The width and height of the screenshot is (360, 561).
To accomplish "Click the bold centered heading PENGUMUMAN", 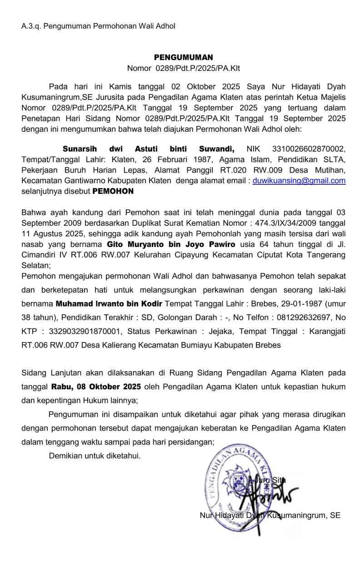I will (x=183, y=57).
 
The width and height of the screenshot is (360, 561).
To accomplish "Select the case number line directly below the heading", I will (x=183, y=69).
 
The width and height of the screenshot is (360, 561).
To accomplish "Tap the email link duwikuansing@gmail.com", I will (x=299, y=180).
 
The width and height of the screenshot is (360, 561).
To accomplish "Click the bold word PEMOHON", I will (x=113, y=191).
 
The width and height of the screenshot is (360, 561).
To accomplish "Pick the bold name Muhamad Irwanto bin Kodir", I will (x=109, y=303).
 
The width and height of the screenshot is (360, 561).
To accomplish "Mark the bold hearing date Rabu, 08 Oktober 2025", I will (x=96, y=387).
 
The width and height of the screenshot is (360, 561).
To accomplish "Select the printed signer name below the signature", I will (x=270, y=515).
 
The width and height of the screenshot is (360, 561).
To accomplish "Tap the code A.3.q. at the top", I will (x=30, y=26).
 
